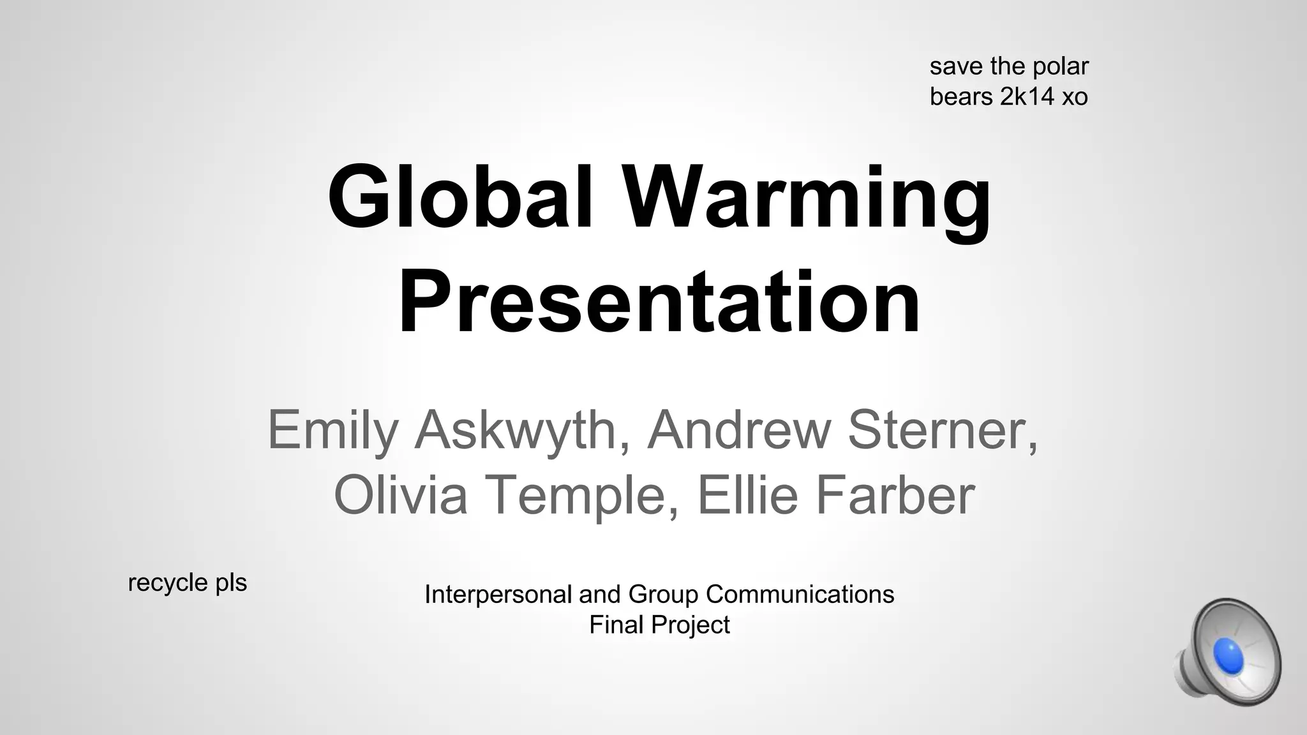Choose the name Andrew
tap(738, 429)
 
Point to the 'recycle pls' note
tap(187, 583)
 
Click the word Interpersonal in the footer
tap(498, 595)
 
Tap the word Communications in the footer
tap(800, 594)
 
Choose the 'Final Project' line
tap(659, 625)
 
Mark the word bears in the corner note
tap(961, 97)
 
